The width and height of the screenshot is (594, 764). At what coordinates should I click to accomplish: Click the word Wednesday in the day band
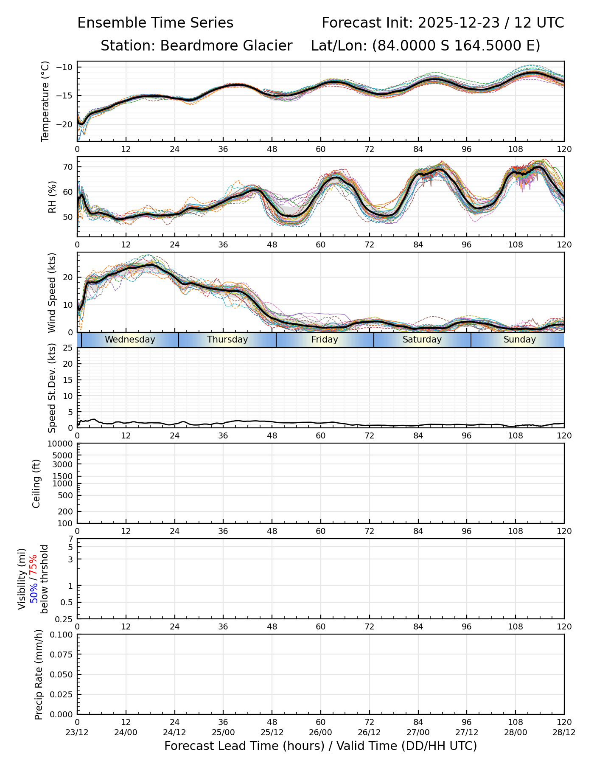pos(130,340)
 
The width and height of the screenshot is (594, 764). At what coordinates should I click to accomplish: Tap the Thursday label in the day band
pos(227,340)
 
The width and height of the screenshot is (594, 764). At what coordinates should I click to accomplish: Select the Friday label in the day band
pos(325,340)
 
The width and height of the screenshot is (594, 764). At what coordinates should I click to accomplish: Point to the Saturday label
pos(422,340)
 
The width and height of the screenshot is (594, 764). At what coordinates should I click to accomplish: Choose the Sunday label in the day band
pos(519,340)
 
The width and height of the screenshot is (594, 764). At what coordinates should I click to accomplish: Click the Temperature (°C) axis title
pos(45,101)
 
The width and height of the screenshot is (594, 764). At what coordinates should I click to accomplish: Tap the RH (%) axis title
pos(53,197)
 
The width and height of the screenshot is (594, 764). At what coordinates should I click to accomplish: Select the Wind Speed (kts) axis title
pos(52,292)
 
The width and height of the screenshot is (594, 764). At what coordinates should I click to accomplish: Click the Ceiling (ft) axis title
pos(36,483)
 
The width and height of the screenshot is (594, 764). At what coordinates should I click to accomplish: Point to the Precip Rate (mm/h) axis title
pos(39,674)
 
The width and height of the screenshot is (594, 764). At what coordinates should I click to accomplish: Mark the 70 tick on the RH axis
pos(68,167)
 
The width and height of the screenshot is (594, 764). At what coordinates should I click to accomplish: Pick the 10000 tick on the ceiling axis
pos(62,444)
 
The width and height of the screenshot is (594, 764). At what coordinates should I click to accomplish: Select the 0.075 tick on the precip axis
pos(62,654)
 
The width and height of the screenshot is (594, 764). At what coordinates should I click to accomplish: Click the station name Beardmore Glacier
pos(226,46)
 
